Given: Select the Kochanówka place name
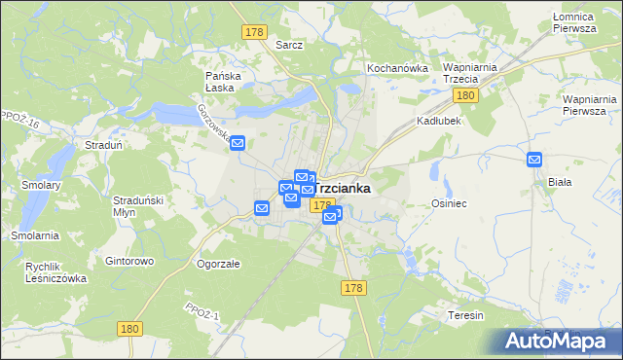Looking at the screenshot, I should point(397,68).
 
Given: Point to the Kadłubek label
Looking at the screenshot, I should point(438,122).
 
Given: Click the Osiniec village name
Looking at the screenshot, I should point(450,203).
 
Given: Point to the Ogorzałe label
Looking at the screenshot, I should point(218,264).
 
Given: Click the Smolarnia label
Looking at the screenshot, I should point(35,235).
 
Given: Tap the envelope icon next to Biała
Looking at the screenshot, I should point(534,160).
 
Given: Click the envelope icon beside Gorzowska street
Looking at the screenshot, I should point(238,142).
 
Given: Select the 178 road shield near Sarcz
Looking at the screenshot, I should point(254,32).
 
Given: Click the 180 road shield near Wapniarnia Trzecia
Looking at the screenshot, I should point(465,95).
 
